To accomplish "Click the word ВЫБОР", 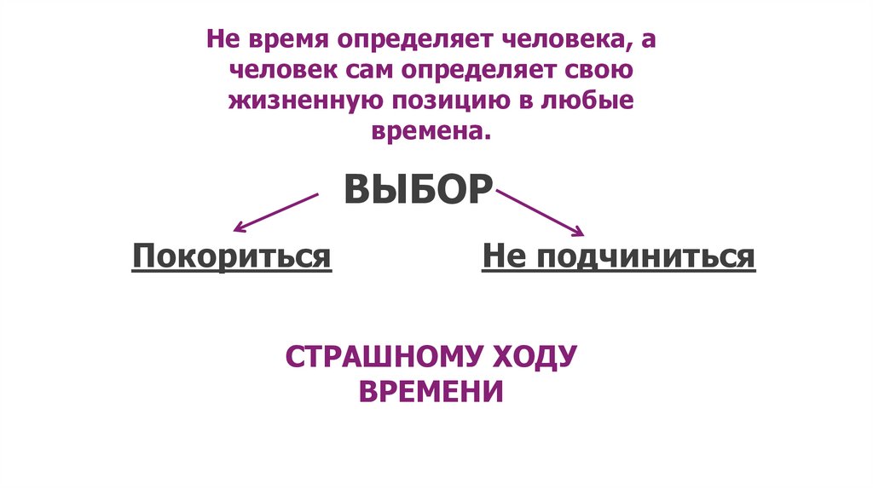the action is (417, 189).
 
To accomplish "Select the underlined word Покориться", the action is (231, 256).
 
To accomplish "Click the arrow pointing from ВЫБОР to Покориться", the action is (275, 211).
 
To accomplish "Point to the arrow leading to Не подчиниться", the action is (539, 212).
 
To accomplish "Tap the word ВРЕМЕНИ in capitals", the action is (431, 391).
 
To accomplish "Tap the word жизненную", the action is (303, 101).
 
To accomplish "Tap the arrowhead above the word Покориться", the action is (239, 227).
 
